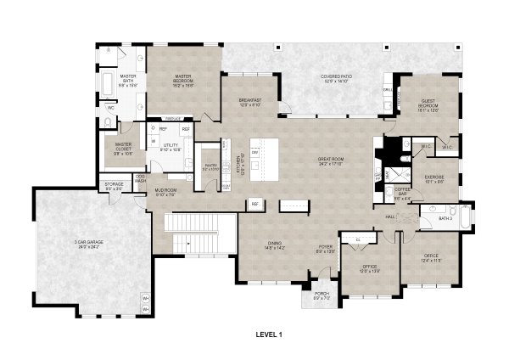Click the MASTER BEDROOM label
(184, 78)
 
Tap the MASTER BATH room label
(127, 81)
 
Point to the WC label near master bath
(111, 108)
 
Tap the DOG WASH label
(140, 179)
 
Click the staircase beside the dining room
(199, 233)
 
